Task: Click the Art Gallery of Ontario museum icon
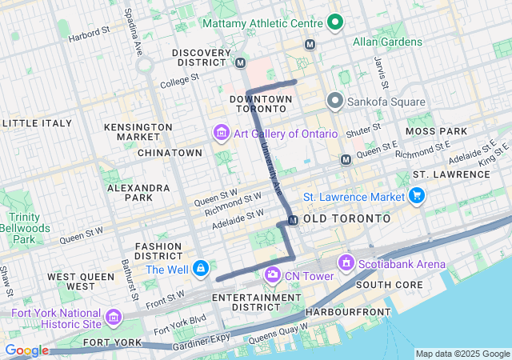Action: click(x=221, y=132)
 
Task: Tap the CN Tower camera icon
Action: click(x=273, y=275)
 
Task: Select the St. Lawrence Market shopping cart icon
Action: click(x=416, y=195)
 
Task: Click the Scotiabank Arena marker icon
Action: click(x=346, y=262)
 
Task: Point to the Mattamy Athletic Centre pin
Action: click(x=338, y=22)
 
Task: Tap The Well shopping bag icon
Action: click(x=201, y=268)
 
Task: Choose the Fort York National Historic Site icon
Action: click(x=113, y=318)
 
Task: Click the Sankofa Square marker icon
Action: click(x=335, y=102)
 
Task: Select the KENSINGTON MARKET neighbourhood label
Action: click(x=138, y=132)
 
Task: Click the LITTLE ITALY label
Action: click(x=37, y=123)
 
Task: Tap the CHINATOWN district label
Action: click(x=170, y=152)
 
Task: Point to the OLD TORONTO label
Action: click(x=347, y=218)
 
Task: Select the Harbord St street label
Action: click(x=89, y=34)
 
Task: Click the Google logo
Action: click(x=26, y=350)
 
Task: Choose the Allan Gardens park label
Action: click(x=387, y=42)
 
